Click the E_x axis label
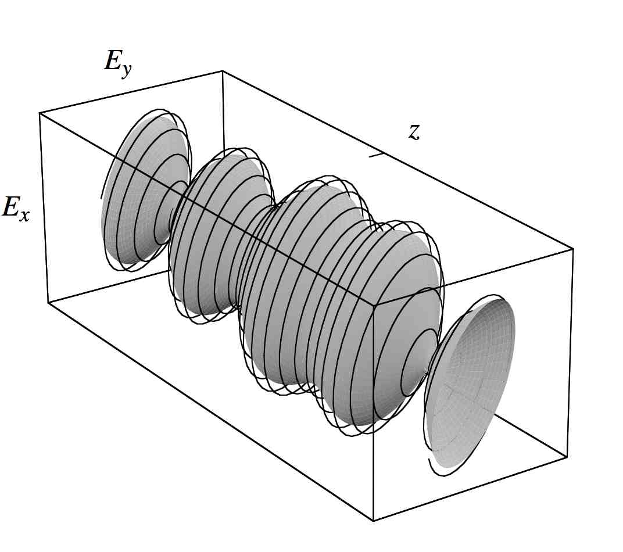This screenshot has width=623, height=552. (16, 208)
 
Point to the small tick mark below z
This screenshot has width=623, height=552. (377, 155)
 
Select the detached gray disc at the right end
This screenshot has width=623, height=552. (471, 381)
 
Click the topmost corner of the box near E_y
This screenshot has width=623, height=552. (223, 71)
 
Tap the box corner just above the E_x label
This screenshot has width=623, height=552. (40, 113)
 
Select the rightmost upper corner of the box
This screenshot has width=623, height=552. (573, 249)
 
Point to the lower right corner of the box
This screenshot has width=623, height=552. (566, 457)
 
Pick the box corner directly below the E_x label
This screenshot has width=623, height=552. (48, 302)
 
